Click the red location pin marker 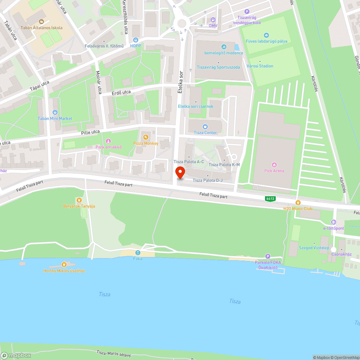[x=180, y=173]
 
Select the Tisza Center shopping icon [x=205, y=126]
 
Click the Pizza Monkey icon [x=145, y=137]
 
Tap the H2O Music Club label [x=298, y=209]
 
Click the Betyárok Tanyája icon [x=79, y=200]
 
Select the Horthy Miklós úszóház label [x=64, y=271]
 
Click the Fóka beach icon [x=138, y=252]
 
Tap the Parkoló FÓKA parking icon [x=267, y=256]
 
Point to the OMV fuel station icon [x=213, y=19]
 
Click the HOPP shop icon [x=135, y=40]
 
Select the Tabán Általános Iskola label [x=41, y=28]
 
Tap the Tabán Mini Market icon [x=55, y=112]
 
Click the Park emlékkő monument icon [x=108, y=141]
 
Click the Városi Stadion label [x=260, y=66]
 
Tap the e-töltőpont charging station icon [x=334, y=222]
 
